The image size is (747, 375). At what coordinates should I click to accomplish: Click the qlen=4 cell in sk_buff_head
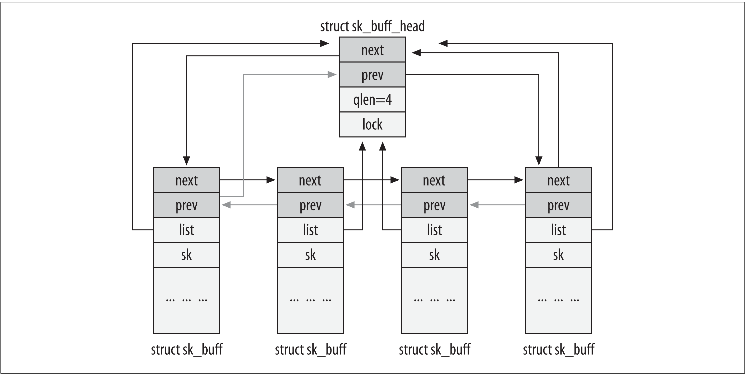tap(372, 100)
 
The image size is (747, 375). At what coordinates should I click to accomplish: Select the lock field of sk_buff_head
tap(372, 125)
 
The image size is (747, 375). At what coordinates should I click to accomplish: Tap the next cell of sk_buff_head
tap(372, 50)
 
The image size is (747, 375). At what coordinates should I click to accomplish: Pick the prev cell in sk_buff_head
tap(372, 75)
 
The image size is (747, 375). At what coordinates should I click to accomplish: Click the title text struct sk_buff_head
tap(372, 26)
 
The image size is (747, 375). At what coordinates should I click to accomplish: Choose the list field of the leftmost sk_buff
tap(187, 230)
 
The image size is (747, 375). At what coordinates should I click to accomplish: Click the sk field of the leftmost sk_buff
tap(187, 255)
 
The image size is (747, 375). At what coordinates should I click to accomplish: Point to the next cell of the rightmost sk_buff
tap(558, 180)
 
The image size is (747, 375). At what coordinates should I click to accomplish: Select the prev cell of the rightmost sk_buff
tap(558, 205)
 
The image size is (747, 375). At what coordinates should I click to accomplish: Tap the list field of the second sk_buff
tap(310, 230)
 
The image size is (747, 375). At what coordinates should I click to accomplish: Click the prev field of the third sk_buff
tap(434, 205)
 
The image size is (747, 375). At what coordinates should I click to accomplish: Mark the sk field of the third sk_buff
tap(434, 255)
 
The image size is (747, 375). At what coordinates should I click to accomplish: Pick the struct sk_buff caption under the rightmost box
tap(558, 350)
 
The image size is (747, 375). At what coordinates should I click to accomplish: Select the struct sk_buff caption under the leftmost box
tap(187, 350)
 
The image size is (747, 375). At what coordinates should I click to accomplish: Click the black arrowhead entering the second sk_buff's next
tap(271, 180)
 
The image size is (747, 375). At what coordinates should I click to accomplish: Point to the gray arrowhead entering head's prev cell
tap(332, 75)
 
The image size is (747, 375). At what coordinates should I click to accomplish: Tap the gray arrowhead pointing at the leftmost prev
tap(226, 205)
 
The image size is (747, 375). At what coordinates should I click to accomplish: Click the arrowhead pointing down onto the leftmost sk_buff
tap(187, 161)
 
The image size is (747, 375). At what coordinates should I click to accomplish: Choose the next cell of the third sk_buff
tap(434, 180)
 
